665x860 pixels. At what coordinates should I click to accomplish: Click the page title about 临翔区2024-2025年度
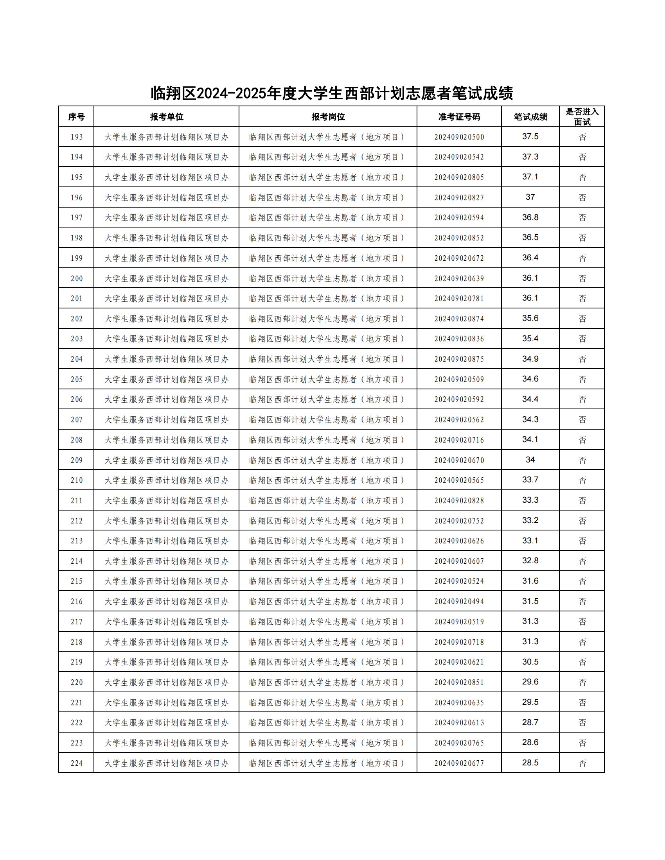point(332,93)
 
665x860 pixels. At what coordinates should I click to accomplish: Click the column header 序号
point(76,116)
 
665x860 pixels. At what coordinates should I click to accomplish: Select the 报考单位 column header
point(167,116)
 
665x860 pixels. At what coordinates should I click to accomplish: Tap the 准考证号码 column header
point(459,116)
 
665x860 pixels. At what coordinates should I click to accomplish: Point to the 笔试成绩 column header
point(530,116)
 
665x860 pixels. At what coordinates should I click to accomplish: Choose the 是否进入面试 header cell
point(582,116)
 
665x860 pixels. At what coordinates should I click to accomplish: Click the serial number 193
point(76,137)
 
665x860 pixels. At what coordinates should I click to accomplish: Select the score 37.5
point(530,137)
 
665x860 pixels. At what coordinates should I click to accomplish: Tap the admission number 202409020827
point(459,198)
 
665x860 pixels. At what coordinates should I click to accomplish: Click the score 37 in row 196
point(530,197)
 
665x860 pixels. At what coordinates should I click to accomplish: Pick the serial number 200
point(76,279)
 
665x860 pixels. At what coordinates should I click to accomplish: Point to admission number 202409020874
point(459,319)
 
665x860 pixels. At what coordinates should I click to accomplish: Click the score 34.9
point(530,359)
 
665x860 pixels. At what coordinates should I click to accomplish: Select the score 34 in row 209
point(530,460)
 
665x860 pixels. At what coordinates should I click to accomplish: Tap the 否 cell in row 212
point(582,521)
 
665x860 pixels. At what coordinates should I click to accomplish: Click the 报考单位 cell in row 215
point(167,581)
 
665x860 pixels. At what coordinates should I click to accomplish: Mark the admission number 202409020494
point(459,602)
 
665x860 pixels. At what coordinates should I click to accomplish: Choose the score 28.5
point(530,763)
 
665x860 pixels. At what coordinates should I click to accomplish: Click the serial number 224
point(76,763)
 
